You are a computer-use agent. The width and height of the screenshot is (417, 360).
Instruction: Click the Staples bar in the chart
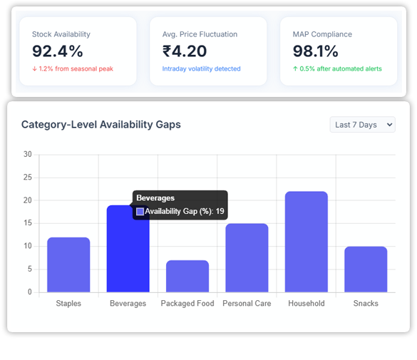click(x=68, y=264)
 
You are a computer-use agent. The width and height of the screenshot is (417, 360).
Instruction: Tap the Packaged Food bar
click(x=187, y=277)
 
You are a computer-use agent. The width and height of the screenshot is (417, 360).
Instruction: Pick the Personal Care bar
click(x=247, y=258)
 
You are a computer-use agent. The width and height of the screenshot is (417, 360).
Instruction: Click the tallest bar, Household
click(x=306, y=242)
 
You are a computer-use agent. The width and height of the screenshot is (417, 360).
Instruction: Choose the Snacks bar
click(x=366, y=269)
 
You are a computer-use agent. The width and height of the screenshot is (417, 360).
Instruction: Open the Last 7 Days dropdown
click(x=362, y=125)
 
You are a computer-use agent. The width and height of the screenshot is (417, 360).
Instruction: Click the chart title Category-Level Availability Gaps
click(x=101, y=125)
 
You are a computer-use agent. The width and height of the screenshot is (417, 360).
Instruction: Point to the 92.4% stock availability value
click(x=58, y=51)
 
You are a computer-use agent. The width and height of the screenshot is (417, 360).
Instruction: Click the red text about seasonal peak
click(x=72, y=69)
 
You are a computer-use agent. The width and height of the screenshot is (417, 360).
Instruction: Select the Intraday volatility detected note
click(x=201, y=69)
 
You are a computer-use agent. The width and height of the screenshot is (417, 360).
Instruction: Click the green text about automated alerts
click(x=337, y=69)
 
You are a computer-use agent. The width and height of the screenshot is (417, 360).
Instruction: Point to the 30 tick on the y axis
click(x=27, y=154)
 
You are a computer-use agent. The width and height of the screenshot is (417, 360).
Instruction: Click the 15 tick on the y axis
click(x=27, y=223)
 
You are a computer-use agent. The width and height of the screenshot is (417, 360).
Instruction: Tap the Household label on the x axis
click(x=306, y=304)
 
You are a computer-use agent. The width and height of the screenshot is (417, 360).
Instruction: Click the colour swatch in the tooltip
click(x=140, y=212)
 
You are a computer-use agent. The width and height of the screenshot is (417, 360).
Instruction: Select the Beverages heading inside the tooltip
click(x=155, y=198)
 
